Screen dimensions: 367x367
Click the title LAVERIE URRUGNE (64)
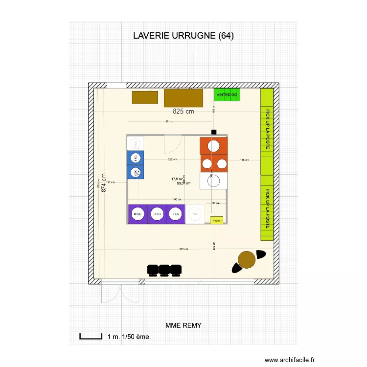point(183,36)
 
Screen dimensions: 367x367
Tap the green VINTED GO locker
point(227,95)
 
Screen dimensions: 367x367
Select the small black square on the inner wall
point(214,132)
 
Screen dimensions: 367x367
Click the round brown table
point(246,259)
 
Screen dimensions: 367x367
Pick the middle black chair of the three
point(164,269)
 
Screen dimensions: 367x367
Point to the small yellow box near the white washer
point(216,220)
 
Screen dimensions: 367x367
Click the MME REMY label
point(183,325)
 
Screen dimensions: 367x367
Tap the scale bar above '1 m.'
point(90,337)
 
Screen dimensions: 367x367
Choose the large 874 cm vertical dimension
point(104,183)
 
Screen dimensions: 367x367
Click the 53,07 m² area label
point(183,183)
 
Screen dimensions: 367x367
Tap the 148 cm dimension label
point(244,160)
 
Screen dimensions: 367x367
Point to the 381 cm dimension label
point(170,122)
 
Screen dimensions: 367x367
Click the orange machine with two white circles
point(214,163)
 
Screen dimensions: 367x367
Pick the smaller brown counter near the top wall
point(145,97)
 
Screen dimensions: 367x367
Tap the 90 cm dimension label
point(216,203)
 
